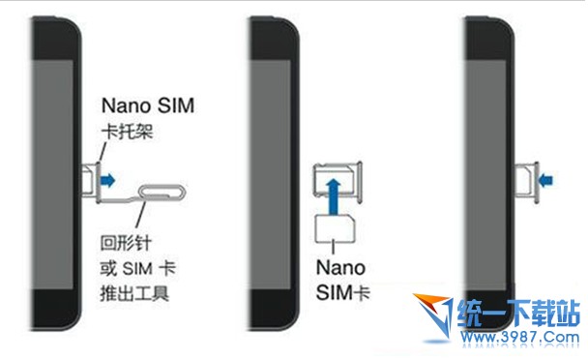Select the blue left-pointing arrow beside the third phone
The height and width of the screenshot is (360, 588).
click(x=544, y=178)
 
